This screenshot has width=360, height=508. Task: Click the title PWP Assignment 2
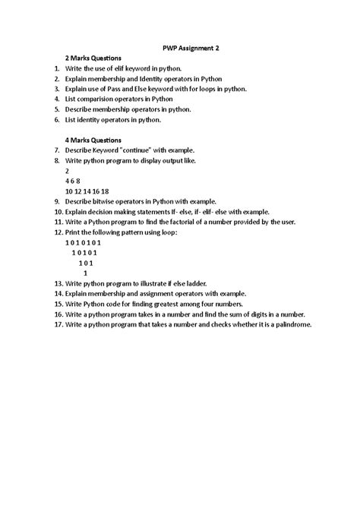click(191, 46)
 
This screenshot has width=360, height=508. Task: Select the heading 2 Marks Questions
click(93, 58)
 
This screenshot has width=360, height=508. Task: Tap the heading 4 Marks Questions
click(93, 140)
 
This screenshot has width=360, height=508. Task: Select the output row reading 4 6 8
click(74, 181)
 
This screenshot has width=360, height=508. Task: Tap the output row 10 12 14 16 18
click(87, 191)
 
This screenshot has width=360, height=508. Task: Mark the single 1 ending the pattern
click(85, 273)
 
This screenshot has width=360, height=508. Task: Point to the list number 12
click(58, 232)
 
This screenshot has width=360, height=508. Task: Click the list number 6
click(58, 119)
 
